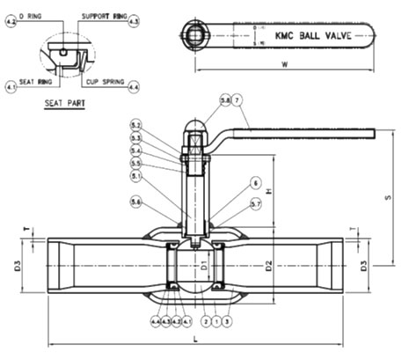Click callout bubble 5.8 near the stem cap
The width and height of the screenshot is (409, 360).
(x=201, y=102)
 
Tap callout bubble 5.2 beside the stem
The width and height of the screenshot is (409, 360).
(x=135, y=125)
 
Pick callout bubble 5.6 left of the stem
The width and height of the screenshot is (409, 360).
(x=135, y=203)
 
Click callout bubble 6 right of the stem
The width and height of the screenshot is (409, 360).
(x=255, y=183)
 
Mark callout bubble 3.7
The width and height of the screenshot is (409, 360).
(x=255, y=204)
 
